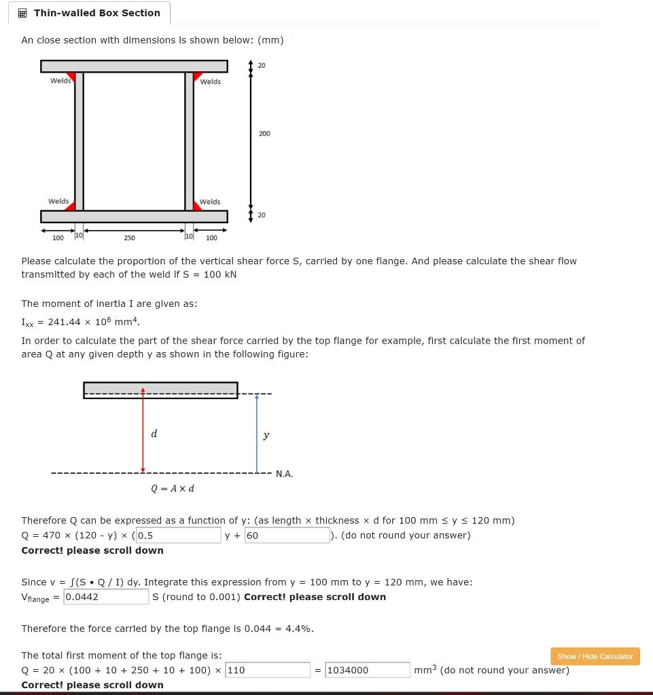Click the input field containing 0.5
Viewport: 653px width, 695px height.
point(178,536)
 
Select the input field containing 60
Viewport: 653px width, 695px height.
point(286,536)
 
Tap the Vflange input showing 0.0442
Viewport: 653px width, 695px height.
point(106,597)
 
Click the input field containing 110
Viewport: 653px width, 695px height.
point(267,670)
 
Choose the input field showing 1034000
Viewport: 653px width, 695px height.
point(367,670)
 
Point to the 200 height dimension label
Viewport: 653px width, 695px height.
point(264,134)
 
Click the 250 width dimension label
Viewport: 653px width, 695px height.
point(129,238)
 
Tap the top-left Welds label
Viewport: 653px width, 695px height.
point(60,81)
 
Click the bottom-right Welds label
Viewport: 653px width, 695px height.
point(210,202)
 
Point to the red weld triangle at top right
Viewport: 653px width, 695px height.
point(198,76)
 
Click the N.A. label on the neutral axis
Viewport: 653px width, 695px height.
point(285,474)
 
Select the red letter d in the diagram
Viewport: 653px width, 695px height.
point(154,434)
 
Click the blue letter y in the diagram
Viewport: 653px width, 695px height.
point(266,435)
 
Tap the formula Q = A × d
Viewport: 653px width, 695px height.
point(173,489)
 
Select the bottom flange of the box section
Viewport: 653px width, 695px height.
point(134,217)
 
